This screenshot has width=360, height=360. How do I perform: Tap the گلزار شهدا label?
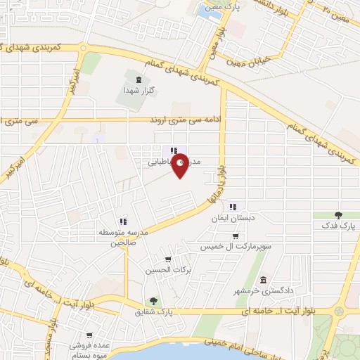(134, 90)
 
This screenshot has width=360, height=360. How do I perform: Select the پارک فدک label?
(340, 226)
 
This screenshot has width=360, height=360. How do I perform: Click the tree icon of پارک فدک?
(339, 214)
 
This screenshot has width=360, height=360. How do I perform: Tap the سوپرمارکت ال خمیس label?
(238, 247)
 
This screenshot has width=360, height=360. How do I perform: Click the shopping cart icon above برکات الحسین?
(167, 258)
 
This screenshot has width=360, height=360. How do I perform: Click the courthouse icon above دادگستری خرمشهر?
(263, 279)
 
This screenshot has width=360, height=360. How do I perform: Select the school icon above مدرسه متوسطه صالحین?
(122, 221)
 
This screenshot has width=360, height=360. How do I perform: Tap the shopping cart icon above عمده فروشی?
(89, 335)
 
